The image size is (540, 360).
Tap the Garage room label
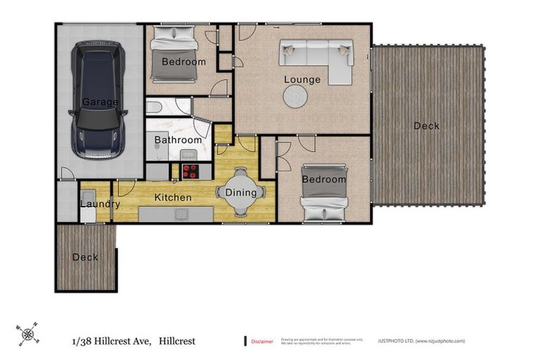(99, 102)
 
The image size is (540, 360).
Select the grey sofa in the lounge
(316, 58)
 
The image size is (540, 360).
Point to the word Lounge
(302, 79)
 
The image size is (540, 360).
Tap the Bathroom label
(178, 140)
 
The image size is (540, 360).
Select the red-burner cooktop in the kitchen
(191, 171)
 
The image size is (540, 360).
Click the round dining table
(241, 192)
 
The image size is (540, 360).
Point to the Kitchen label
(173, 198)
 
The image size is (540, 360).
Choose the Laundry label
(100, 205)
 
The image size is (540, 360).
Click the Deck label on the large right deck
(426, 126)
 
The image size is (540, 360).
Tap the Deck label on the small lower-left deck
(85, 257)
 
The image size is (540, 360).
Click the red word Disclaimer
(262, 341)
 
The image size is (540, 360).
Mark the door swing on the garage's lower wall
(67, 173)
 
